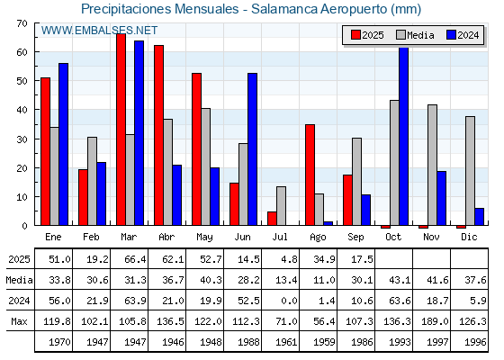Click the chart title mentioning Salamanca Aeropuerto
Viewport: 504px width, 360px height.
(251, 9)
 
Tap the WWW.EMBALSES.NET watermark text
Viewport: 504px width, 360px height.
(99, 31)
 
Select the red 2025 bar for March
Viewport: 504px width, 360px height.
(121, 130)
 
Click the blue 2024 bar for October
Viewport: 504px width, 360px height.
(404, 136)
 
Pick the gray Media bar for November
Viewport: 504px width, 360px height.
(432, 165)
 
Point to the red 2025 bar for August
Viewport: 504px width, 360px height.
(310, 175)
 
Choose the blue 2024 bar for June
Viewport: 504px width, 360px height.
(252, 149)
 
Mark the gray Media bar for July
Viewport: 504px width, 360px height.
(281, 206)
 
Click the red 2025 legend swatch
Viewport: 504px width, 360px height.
(355, 35)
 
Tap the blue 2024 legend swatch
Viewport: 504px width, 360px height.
(451, 35)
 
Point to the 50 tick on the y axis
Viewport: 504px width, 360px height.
(22, 81)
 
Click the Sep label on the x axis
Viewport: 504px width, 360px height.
(355, 238)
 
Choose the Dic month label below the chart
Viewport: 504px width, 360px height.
(469, 237)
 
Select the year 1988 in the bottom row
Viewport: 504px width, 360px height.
(248, 342)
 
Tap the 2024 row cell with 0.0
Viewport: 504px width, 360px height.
(289, 301)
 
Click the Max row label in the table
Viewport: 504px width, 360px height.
(19, 321)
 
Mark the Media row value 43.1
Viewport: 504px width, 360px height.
(400, 280)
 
